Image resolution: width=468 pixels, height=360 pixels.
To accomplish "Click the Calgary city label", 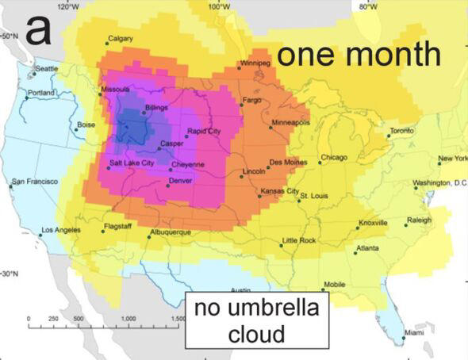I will (x=120, y=39).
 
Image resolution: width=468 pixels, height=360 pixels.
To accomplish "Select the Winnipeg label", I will (x=255, y=61).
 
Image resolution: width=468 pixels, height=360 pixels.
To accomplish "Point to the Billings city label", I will (x=157, y=106).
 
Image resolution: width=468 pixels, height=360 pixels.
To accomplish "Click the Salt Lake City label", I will (x=132, y=163).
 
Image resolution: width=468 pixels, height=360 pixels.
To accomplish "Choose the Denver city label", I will (x=181, y=181).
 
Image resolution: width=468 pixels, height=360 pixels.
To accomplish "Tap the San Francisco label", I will (x=35, y=182).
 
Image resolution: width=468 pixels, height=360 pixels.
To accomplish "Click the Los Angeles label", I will (x=61, y=230).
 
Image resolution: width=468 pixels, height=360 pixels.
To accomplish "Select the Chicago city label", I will (x=335, y=157).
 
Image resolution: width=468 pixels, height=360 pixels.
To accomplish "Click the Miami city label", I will (x=414, y=332).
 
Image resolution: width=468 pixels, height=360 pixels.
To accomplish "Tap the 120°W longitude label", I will (x=70, y=6).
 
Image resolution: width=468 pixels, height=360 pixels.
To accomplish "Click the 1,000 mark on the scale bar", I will (x=127, y=318).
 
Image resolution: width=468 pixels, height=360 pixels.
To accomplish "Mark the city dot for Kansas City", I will (x=259, y=195).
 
